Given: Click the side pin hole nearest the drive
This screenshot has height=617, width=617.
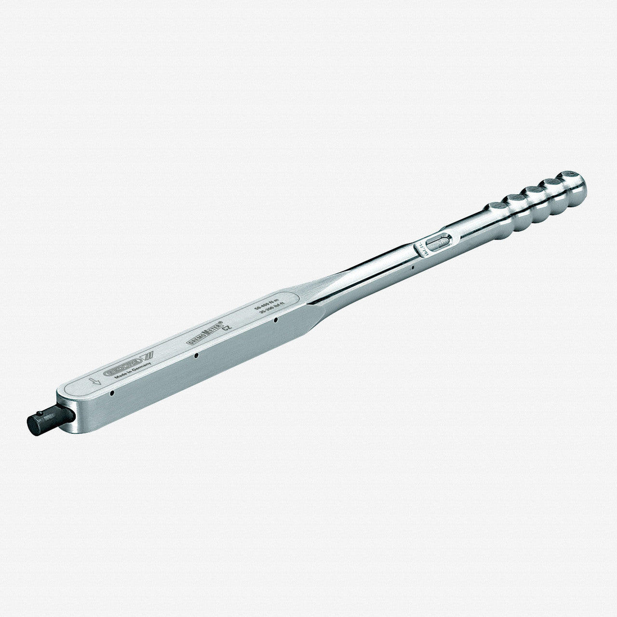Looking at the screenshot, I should coord(112,393).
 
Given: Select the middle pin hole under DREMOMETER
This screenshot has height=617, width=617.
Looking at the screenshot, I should coord(196,356).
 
